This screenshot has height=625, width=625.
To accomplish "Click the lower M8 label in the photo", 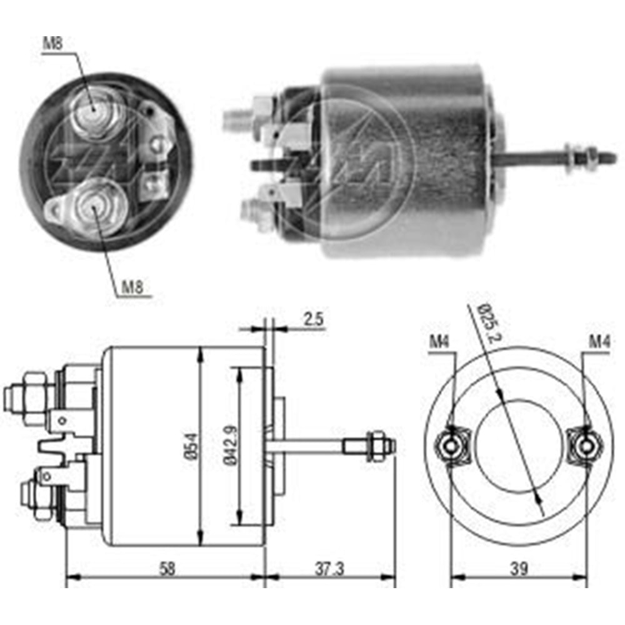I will pyautogui.click(x=132, y=287).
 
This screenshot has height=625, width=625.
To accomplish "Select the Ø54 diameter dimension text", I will pyautogui.click(x=192, y=447).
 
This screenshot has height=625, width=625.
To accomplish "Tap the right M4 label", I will pyautogui.click(x=598, y=342).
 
